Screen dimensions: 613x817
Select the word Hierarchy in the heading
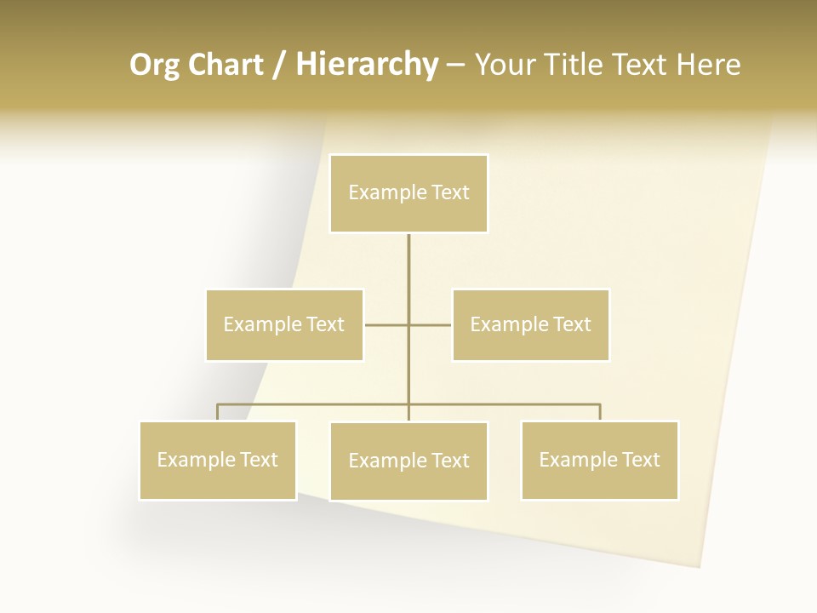[367, 66]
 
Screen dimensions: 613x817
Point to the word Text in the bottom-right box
[640, 460]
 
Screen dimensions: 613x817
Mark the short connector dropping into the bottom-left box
[218, 412]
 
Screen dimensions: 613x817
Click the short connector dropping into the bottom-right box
[600, 412]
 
